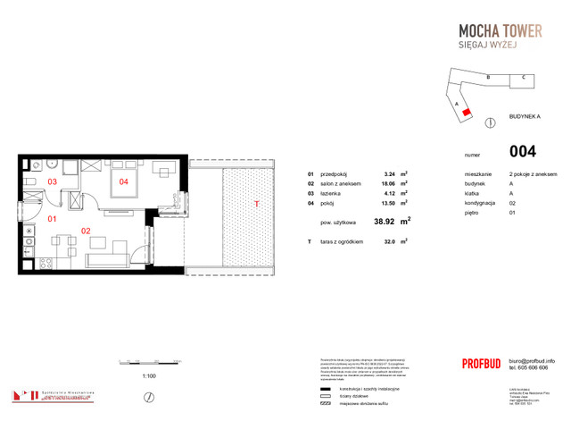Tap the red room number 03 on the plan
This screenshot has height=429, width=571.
(x=53, y=182)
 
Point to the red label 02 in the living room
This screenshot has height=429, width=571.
(x=87, y=230)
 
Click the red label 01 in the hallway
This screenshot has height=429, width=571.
(x=53, y=218)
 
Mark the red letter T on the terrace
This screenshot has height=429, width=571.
(x=258, y=204)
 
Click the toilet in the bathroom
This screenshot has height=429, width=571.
(x=29, y=182)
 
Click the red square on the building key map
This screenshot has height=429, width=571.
(x=465, y=113)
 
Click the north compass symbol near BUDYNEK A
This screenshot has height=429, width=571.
(x=489, y=122)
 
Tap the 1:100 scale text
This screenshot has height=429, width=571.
(x=149, y=376)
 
